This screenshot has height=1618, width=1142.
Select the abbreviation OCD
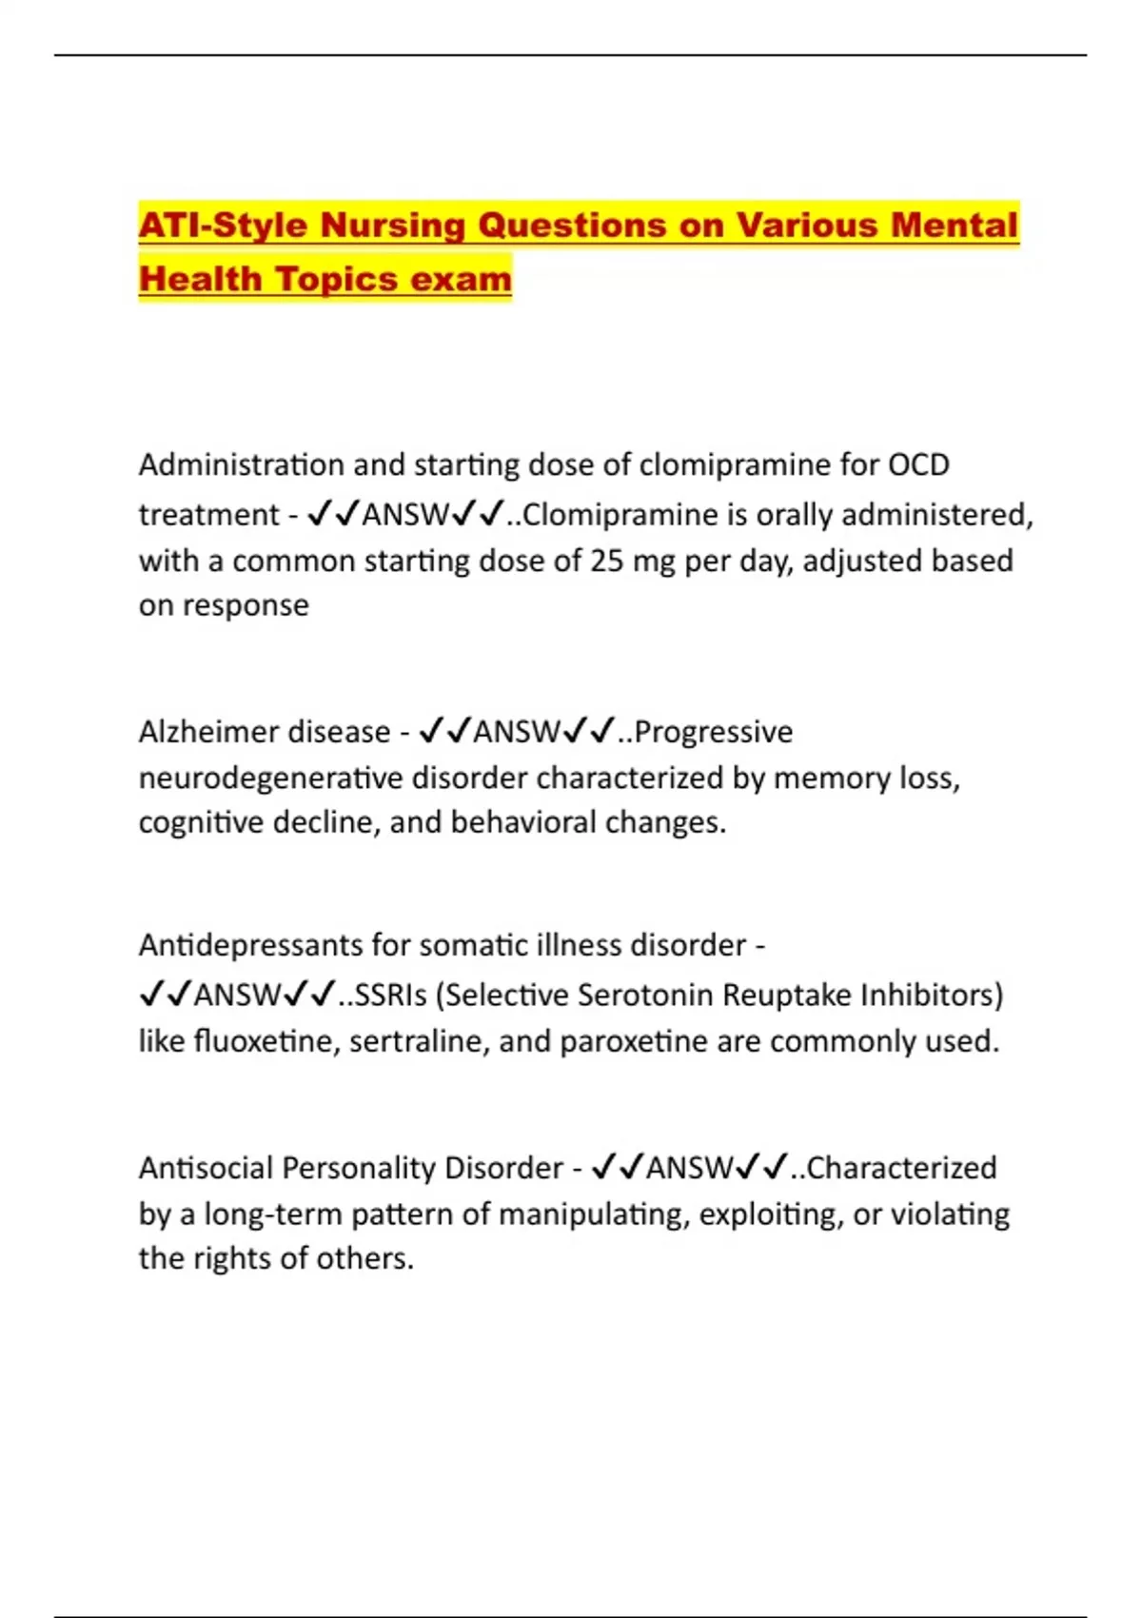[x=918, y=464]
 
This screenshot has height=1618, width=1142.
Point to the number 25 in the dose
[x=606, y=561]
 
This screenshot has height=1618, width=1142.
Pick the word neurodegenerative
[x=269, y=778]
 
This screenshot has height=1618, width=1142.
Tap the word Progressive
[x=713, y=731]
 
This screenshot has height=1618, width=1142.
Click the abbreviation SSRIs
[x=390, y=995]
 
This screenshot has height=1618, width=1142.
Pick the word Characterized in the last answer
[x=901, y=1168]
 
